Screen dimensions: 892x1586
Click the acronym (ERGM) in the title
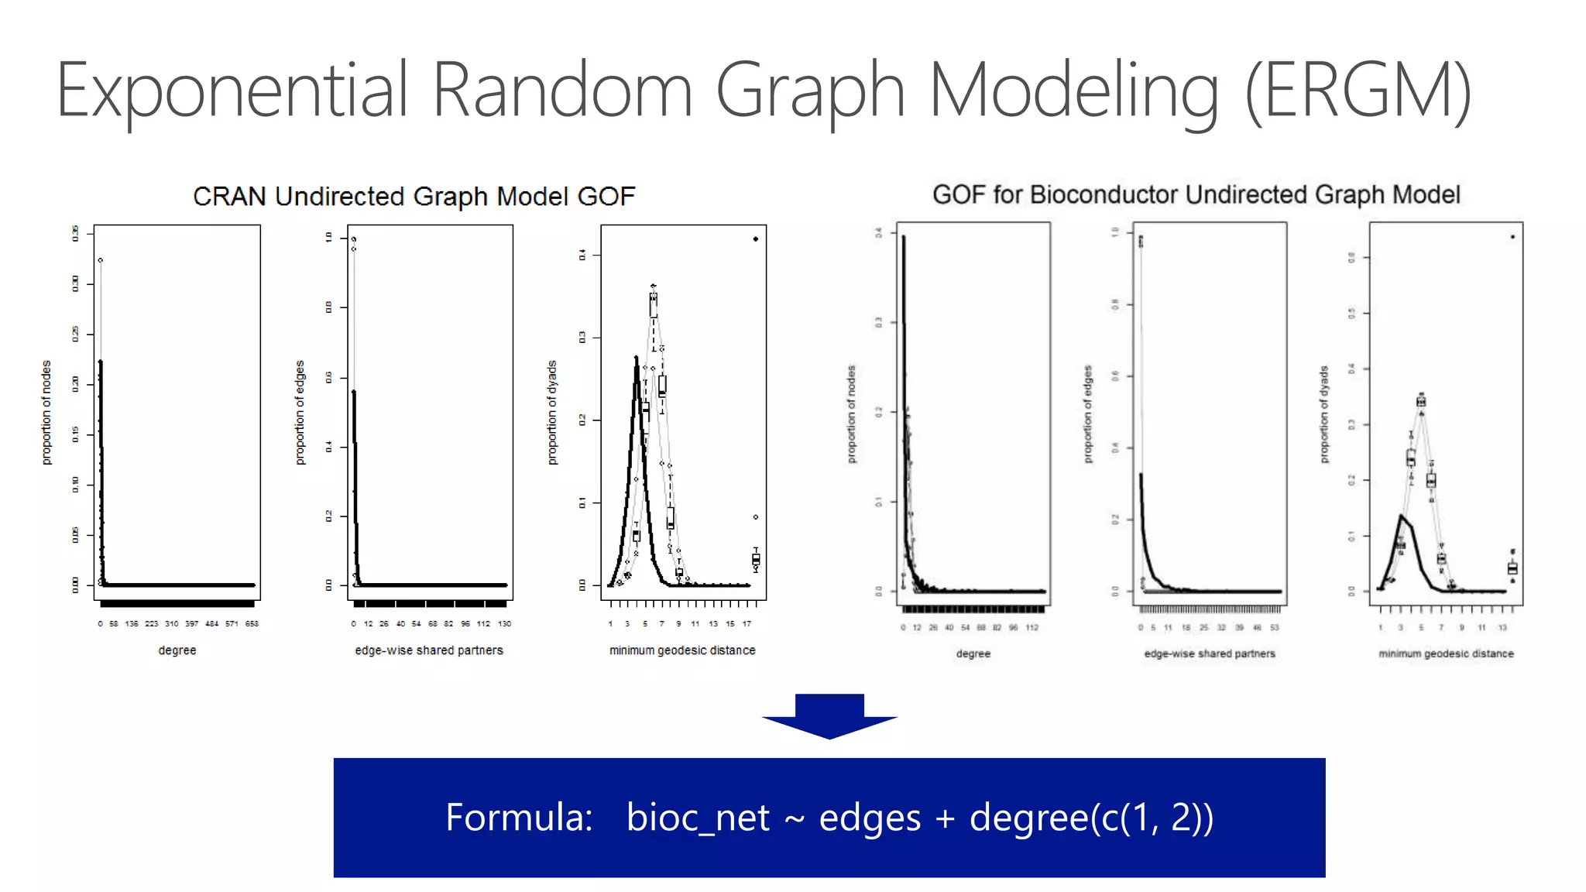[1358, 91]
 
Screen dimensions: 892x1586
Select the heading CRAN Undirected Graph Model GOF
[414, 197]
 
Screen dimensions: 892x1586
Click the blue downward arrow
[829, 716]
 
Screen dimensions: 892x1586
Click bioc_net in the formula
[698, 818]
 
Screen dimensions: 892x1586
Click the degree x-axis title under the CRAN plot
[177, 650]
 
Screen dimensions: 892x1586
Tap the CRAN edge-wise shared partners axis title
[429, 650]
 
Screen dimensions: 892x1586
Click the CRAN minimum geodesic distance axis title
[682, 650]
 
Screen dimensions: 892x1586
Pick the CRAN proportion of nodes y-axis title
[46, 412]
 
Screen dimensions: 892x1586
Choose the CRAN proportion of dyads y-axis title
[552, 412]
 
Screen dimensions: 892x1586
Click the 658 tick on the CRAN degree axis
[252, 623]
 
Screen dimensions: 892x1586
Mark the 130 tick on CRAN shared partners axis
[504, 623]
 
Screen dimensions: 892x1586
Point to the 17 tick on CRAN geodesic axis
[747, 623]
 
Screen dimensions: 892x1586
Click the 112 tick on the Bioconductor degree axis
[1032, 627]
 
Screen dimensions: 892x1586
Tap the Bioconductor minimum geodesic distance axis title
[1446, 654]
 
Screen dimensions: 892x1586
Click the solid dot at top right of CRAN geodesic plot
[756, 239]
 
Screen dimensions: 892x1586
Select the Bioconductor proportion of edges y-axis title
[1088, 414]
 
